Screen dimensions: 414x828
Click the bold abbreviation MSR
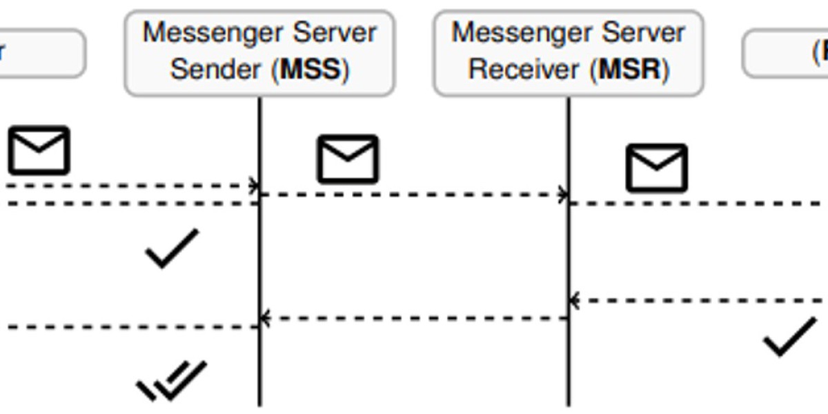[630, 70]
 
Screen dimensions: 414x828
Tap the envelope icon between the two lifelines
[348, 159]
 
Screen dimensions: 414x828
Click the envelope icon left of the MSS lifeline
[39, 150]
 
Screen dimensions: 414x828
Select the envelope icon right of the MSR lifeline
[656, 168]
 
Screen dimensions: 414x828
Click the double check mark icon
[172, 380]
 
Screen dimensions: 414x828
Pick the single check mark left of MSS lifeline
[172, 248]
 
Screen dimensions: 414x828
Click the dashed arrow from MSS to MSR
[414, 195]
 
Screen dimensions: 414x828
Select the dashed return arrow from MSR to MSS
[414, 318]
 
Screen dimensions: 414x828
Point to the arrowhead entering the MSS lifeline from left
[255, 186]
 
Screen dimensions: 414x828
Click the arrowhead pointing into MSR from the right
[574, 301]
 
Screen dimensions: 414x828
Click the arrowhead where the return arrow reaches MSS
[265, 318]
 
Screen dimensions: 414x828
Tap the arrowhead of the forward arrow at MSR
[564, 195]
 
